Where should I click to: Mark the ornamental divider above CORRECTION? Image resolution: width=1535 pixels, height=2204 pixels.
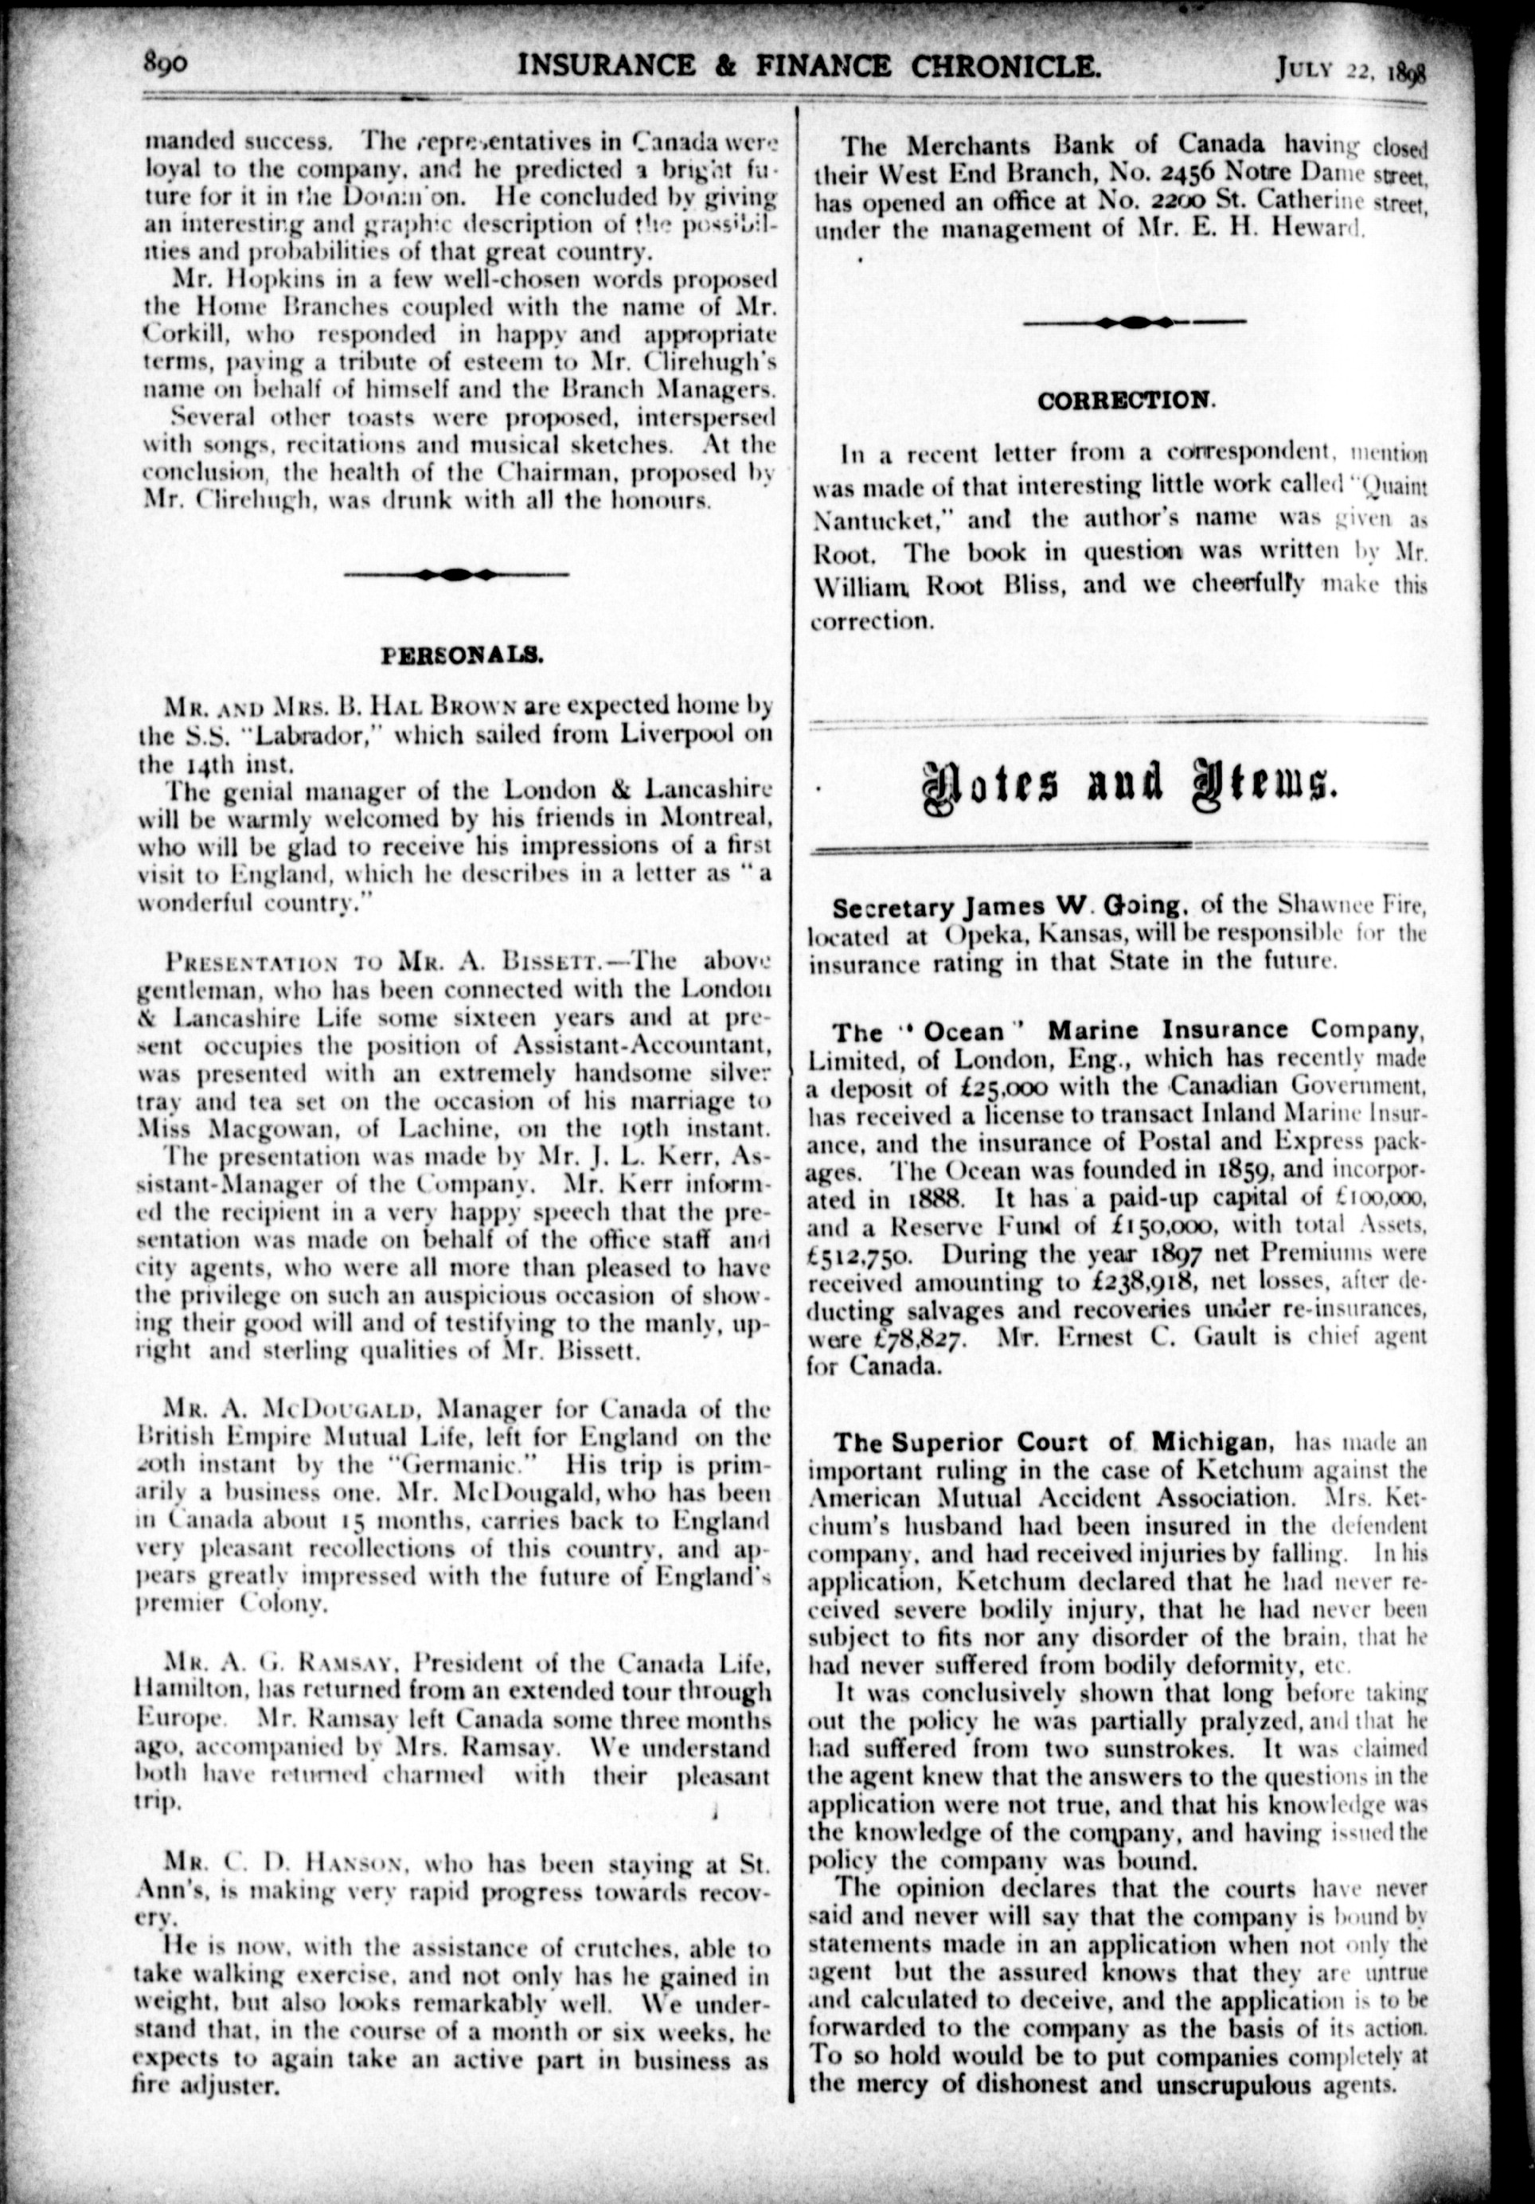(x=1135, y=323)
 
